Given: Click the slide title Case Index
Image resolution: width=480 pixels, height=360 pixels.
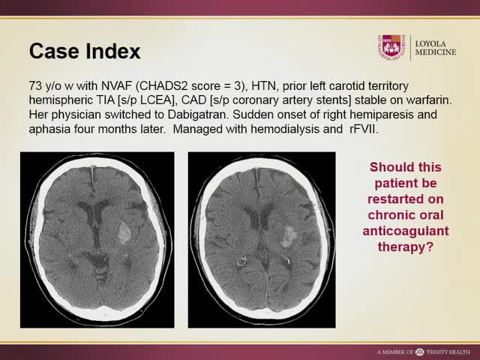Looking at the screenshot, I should tap(84, 52).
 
